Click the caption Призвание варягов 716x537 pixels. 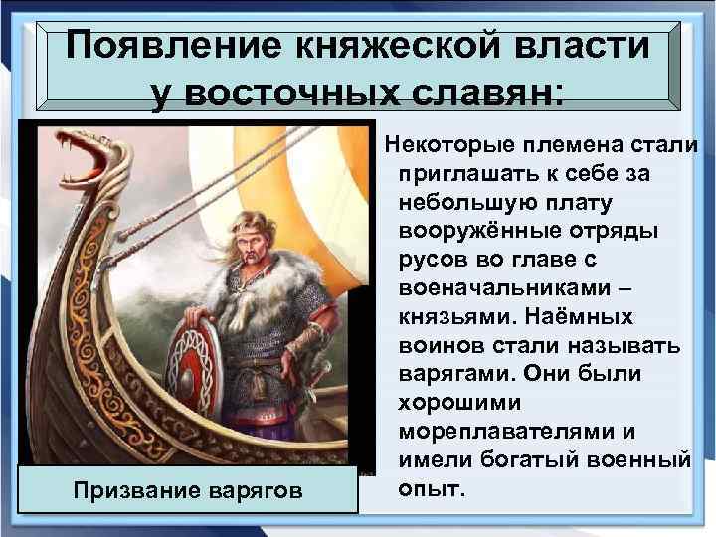pyautogui.click(x=188, y=490)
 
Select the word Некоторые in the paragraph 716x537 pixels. pyautogui.click(x=449, y=145)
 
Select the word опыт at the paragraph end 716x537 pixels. pyautogui.click(x=430, y=490)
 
